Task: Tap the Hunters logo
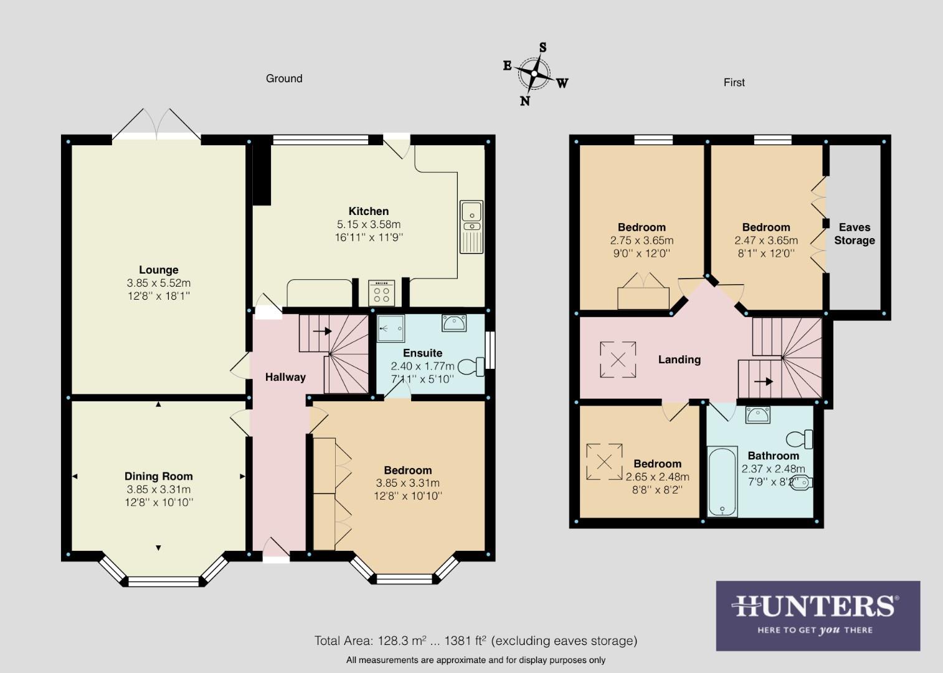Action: click(817, 615)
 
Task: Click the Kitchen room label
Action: click(368, 211)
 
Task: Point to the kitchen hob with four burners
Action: click(381, 292)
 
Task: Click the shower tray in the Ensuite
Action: click(391, 328)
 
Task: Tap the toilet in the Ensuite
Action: click(472, 366)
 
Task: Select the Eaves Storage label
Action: click(854, 234)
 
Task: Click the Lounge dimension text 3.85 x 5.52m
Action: click(158, 283)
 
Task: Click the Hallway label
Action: click(285, 377)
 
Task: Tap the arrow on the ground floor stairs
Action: click(322, 332)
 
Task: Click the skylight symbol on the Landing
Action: click(618, 360)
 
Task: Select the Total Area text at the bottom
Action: click(475, 641)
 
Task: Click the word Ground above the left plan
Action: click(284, 79)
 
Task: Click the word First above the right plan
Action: click(734, 82)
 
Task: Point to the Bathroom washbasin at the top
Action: click(757, 414)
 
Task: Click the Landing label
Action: click(679, 360)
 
